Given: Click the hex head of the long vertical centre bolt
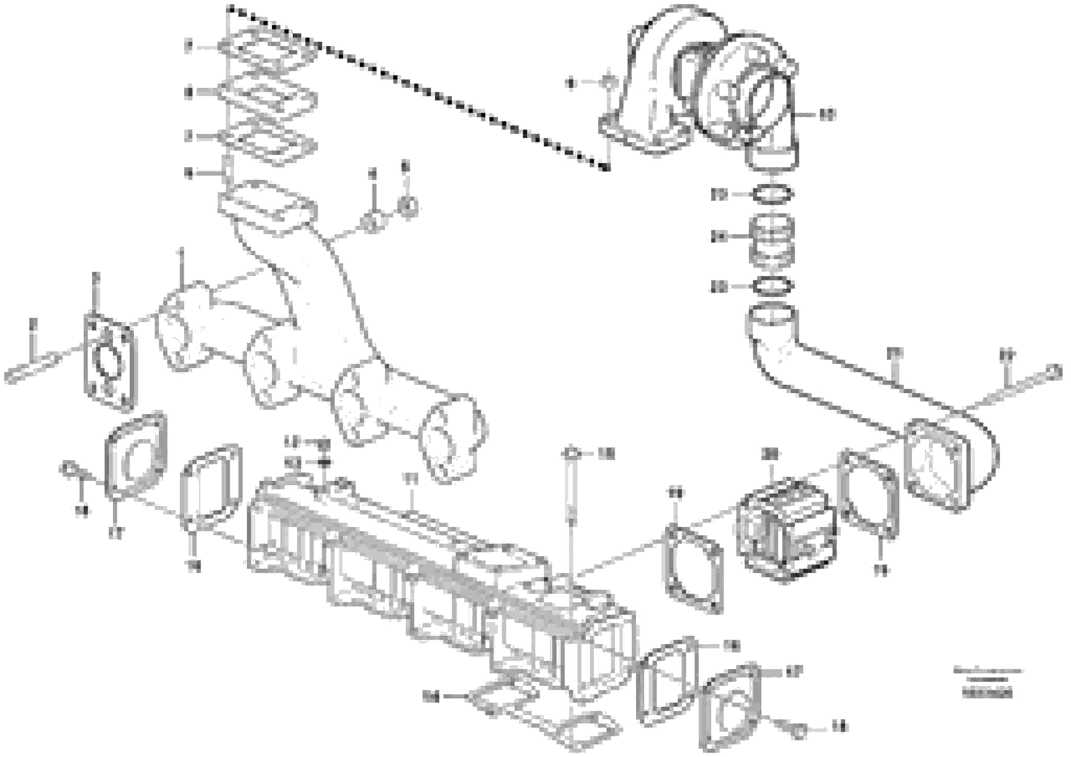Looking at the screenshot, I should click(x=571, y=453).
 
